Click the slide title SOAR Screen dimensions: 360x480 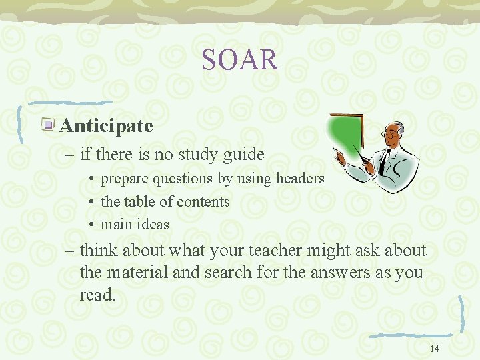(x=240, y=60)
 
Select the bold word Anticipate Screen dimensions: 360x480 (x=106, y=125)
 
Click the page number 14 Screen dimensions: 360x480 (x=435, y=349)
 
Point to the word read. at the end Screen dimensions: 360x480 (x=97, y=295)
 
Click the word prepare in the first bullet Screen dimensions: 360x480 (x=125, y=179)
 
